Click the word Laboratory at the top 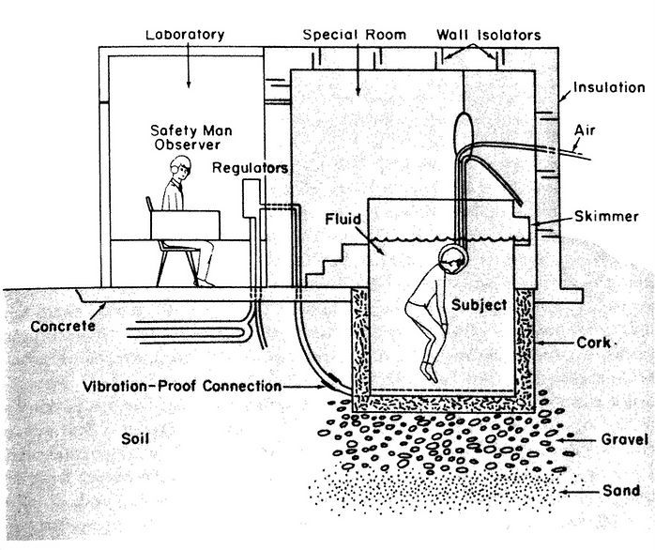(x=185, y=35)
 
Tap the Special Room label (x=355, y=35)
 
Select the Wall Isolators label (x=489, y=35)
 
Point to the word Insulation (x=609, y=87)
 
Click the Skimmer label (x=606, y=217)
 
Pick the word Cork (x=594, y=343)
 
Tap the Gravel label (x=625, y=439)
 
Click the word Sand (x=621, y=490)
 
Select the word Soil (x=135, y=439)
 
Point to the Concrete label (x=63, y=326)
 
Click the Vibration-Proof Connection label (x=182, y=386)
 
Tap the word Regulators (x=251, y=168)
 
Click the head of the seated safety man (x=180, y=168)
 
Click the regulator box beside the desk (x=251, y=199)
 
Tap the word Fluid (x=343, y=219)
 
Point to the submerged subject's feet (x=430, y=371)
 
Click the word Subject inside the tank (x=480, y=305)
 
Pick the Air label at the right (x=585, y=130)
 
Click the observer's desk (x=185, y=225)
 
